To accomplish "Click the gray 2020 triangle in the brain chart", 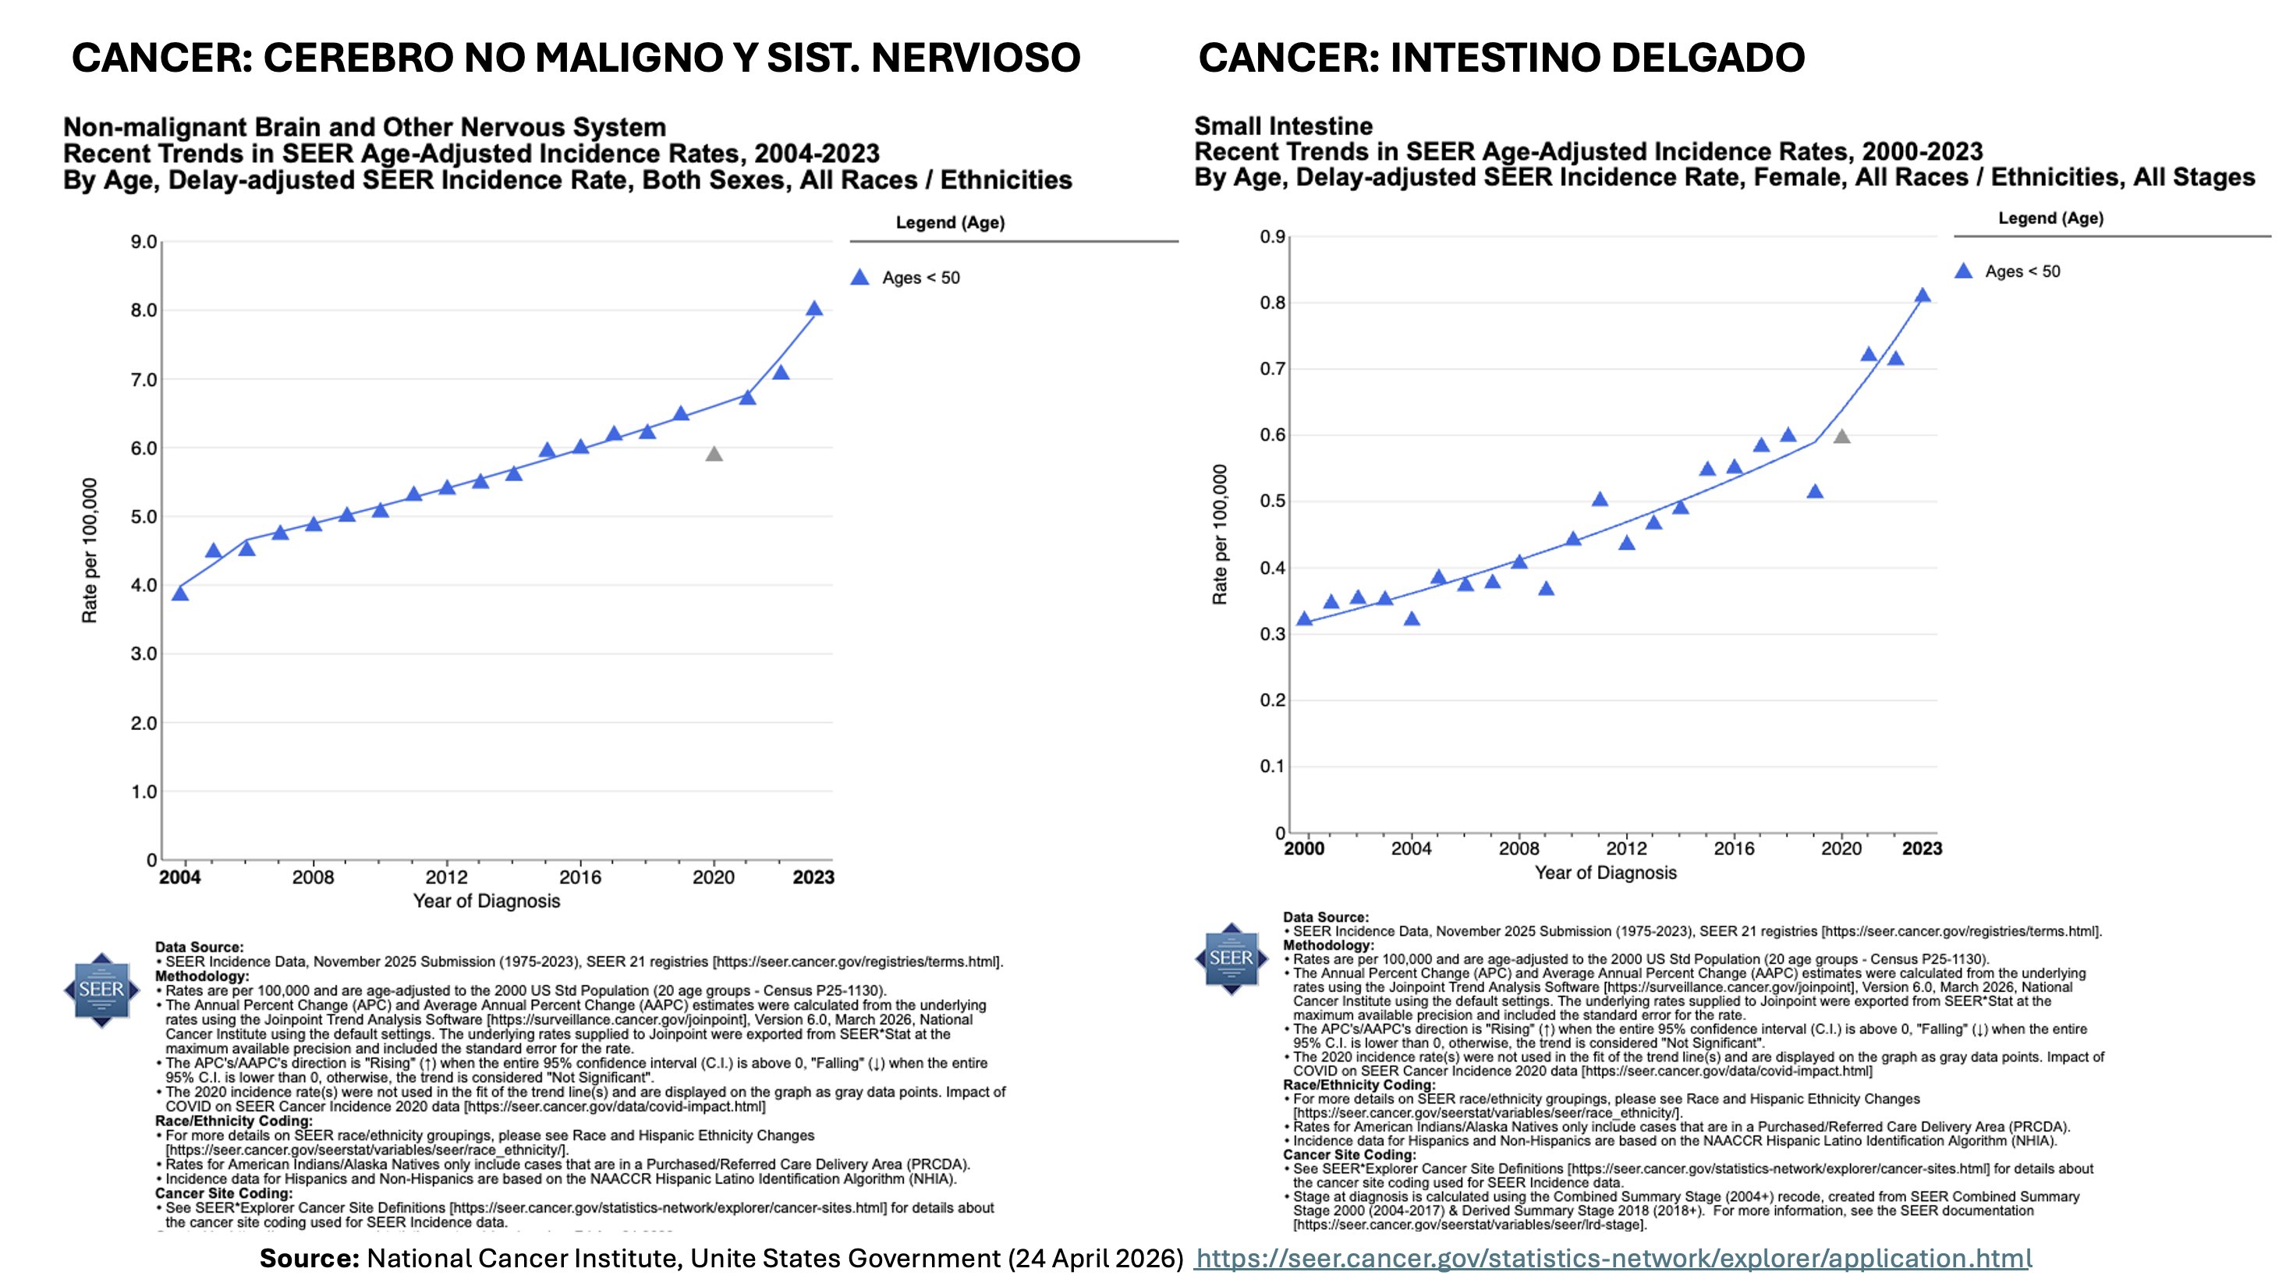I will (x=714, y=455).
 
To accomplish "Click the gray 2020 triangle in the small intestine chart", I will (x=1841, y=437).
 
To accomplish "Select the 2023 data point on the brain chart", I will (x=813, y=309).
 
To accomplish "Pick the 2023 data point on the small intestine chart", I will (x=1922, y=296).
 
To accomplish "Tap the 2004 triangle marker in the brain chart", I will (x=180, y=593).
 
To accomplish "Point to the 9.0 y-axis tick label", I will (x=144, y=242).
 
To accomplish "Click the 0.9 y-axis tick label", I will (x=1272, y=237).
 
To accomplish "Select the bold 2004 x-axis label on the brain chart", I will (x=180, y=877).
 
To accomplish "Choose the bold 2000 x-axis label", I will (x=1304, y=849).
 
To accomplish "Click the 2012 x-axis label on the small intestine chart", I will (x=1626, y=849).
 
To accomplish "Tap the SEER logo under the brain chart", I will (x=101, y=990).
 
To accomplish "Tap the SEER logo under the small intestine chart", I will (x=1230, y=958).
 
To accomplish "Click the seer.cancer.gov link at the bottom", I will (x=1613, y=1259).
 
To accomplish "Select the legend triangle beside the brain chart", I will (x=859, y=278).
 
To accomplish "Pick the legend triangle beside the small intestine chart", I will (x=1964, y=271).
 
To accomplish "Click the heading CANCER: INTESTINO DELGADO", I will (x=1501, y=58).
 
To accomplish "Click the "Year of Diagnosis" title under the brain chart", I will (x=486, y=902).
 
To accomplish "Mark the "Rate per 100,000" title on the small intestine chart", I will (x=1220, y=534).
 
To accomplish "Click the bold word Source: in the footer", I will (x=309, y=1259).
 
